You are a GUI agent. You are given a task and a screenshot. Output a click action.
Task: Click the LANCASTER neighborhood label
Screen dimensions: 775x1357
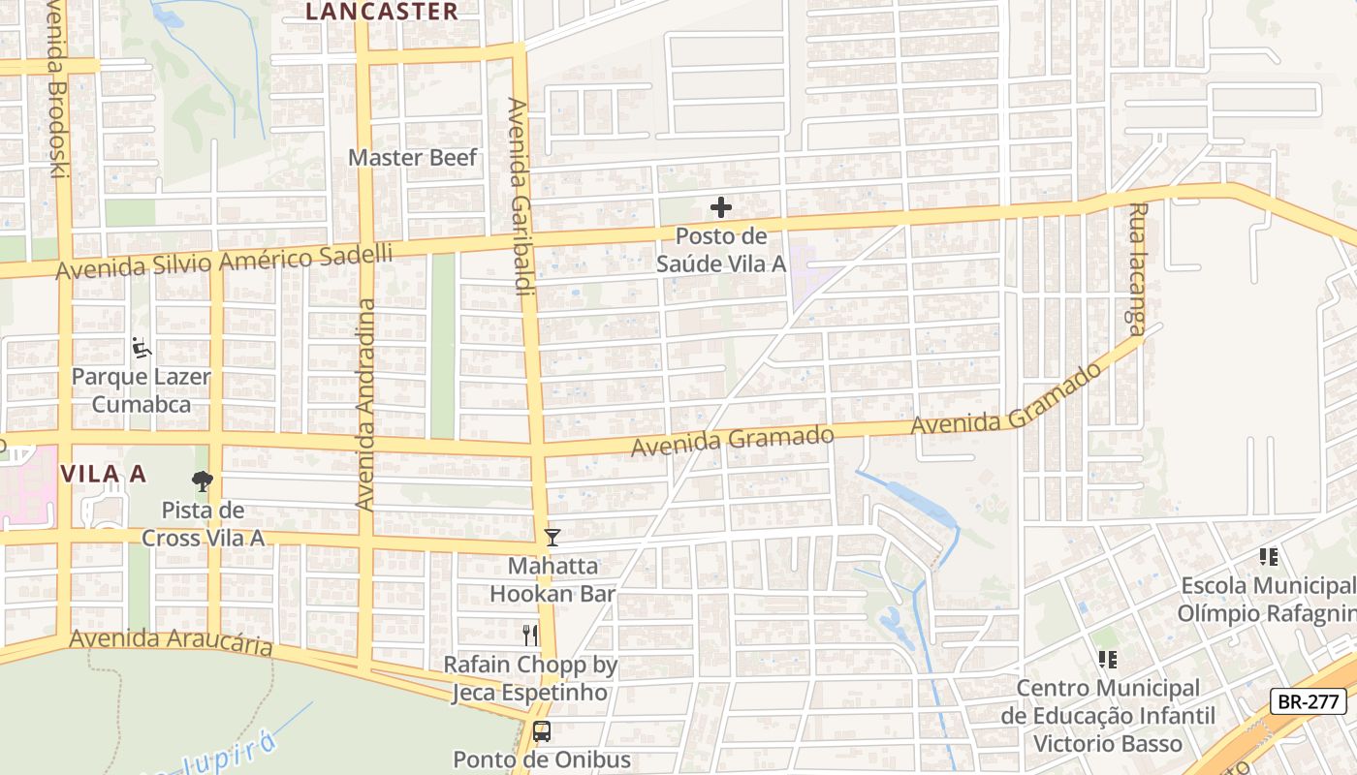(381, 12)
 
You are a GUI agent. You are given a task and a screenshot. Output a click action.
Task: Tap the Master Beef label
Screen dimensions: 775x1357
(413, 157)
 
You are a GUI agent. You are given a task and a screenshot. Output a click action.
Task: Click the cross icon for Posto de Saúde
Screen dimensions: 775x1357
(720, 207)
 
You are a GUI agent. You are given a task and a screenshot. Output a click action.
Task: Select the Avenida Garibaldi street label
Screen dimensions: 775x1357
(521, 194)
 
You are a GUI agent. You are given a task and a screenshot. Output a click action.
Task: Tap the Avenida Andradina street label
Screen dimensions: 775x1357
(365, 405)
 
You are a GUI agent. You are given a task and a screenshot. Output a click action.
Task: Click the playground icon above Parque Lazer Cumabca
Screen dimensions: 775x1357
(142, 347)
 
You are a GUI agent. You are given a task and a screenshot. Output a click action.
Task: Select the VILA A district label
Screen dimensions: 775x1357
(104, 474)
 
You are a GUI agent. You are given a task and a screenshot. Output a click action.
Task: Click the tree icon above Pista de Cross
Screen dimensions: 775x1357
(202, 480)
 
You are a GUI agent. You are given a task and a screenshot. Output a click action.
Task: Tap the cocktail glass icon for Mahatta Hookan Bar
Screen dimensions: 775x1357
(552, 537)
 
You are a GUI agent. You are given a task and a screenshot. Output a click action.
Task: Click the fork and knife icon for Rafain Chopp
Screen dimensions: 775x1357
(529, 635)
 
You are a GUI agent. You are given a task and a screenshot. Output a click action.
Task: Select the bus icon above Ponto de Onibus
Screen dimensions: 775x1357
(542, 731)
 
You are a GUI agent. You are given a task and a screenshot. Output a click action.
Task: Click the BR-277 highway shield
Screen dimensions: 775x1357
(1309, 701)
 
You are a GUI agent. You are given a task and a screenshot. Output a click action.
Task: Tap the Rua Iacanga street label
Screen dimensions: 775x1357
(1138, 268)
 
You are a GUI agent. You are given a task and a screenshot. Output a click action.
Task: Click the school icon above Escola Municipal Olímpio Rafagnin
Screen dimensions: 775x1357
(1268, 557)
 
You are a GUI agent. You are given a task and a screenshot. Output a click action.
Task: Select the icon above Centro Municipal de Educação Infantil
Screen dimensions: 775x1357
(1107, 660)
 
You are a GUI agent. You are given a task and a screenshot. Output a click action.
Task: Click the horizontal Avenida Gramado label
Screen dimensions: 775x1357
(732, 442)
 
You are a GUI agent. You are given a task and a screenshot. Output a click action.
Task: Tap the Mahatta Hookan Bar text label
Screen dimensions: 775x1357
(552, 579)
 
